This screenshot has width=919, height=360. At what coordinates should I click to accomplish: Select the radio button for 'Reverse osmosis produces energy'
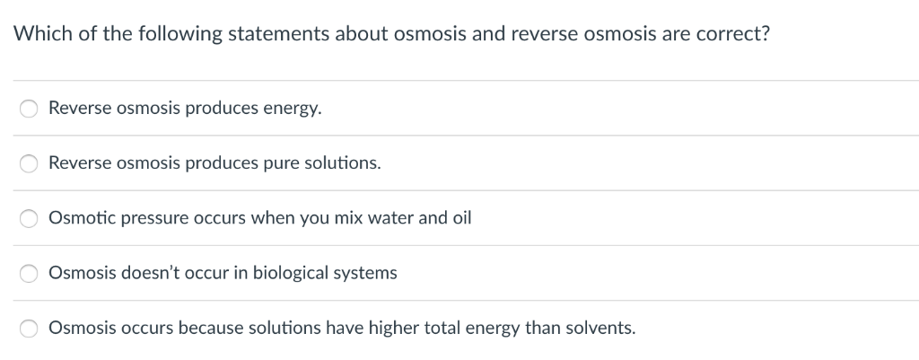click(x=30, y=109)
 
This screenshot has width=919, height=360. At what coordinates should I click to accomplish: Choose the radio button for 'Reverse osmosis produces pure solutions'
click(x=30, y=163)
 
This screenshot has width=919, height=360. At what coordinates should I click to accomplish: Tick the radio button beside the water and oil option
click(x=30, y=218)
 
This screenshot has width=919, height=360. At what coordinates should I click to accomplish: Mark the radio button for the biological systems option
click(x=30, y=273)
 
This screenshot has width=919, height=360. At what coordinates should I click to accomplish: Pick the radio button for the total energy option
click(x=30, y=329)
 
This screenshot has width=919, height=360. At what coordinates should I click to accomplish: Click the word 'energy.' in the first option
click(x=292, y=109)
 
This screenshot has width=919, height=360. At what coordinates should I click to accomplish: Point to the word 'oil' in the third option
click(x=459, y=218)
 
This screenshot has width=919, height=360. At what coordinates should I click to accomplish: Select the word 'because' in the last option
click(x=208, y=329)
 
